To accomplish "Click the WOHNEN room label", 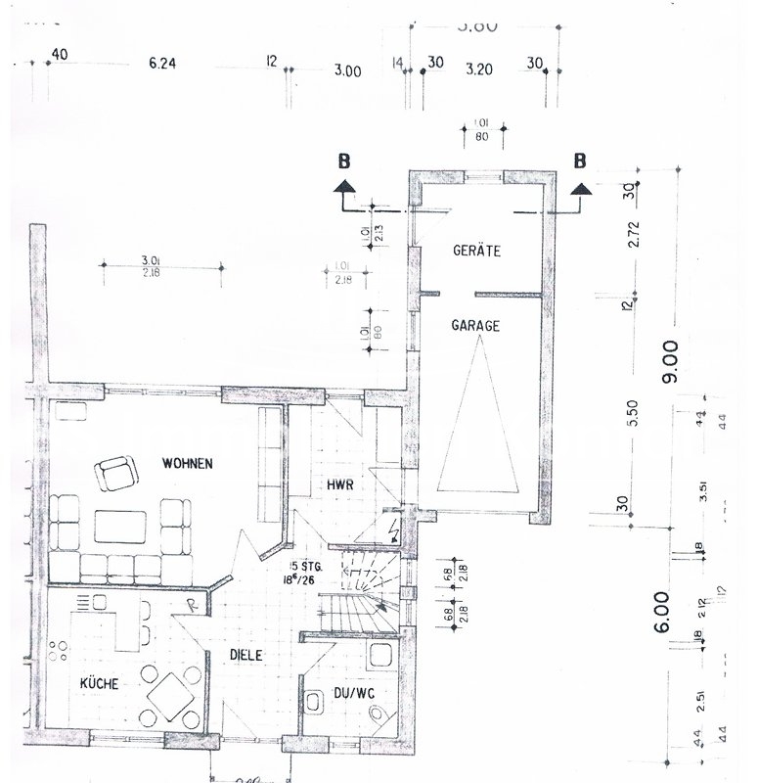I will click(188, 464).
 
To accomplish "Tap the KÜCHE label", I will click(99, 684).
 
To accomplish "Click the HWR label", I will click(339, 484).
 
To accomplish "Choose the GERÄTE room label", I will click(476, 252).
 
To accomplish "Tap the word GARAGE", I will click(476, 327).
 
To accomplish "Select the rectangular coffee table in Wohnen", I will click(121, 527).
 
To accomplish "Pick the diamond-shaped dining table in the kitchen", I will click(172, 694).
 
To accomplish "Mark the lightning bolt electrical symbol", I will click(393, 534).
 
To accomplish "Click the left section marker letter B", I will click(343, 161).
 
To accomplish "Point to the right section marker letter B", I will click(579, 161).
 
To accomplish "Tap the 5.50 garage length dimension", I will click(633, 416).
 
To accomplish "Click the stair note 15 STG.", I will click(300, 567).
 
